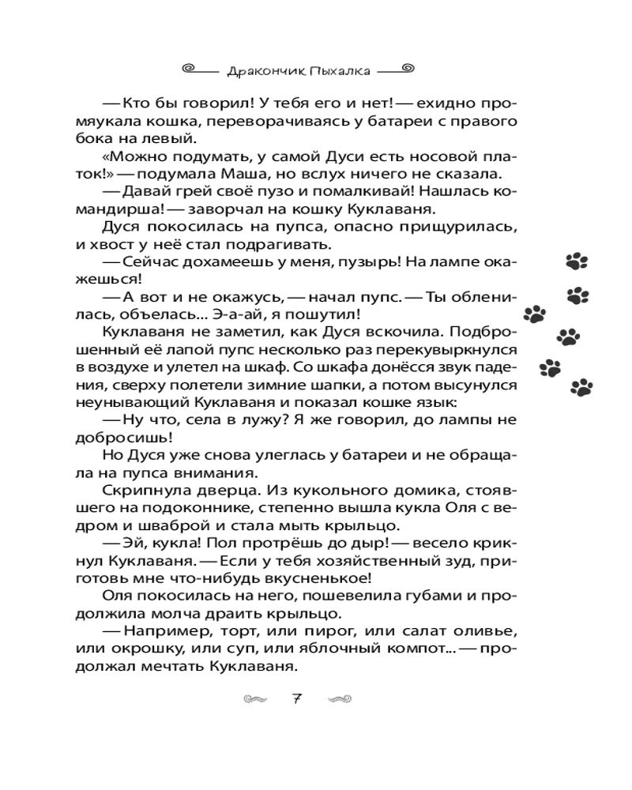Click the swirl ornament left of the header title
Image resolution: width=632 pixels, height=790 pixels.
190,69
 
